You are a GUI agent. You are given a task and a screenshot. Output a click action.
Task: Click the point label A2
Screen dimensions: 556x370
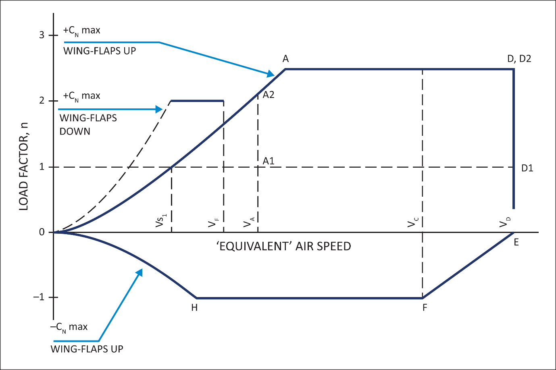pos(269,95)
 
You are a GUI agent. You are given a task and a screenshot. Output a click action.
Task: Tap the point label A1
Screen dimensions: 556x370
pos(269,161)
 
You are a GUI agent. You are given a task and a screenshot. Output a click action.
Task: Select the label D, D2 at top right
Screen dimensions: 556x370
pos(519,59)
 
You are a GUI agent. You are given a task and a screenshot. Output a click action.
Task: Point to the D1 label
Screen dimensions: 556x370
pos(527,168)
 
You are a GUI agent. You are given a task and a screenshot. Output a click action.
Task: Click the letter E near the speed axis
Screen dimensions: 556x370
pos(516,242)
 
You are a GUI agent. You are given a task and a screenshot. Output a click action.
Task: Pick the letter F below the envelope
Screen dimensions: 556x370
pos(425,308)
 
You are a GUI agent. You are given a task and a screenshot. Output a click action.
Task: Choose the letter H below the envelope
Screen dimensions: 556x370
pos(194,308)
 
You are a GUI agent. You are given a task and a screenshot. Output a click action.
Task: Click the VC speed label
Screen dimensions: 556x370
pos(413,222)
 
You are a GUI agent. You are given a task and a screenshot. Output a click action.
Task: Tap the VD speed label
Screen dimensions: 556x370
pos(505,222)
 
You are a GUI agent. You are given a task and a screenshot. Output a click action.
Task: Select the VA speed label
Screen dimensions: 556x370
pos(249,222)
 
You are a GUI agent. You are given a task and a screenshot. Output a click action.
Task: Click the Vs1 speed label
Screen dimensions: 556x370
pos(161,220)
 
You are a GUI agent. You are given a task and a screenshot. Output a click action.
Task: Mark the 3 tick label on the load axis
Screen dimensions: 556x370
pos(42,35)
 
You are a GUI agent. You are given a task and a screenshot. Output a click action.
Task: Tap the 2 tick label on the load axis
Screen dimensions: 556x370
pos(42,100)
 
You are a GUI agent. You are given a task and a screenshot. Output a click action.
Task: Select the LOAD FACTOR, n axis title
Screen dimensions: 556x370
pos(23,166)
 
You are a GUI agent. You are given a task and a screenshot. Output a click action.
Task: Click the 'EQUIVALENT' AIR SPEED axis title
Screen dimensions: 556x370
pos(284,246)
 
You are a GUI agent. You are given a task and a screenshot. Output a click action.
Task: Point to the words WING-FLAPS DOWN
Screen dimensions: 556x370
pos(88,125)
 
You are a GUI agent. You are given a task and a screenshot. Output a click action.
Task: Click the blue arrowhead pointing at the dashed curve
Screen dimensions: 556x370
pos(159,109)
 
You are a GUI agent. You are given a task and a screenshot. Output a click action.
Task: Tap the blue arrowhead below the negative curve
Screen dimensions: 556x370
pos(140,272)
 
